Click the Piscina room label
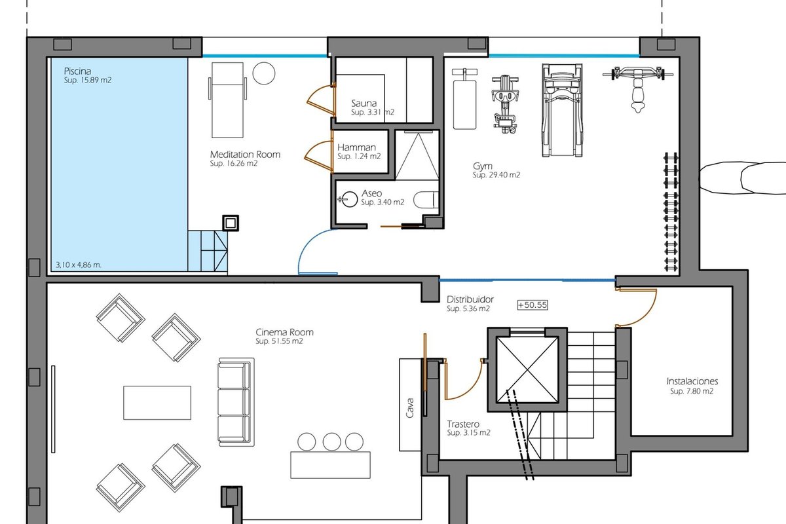coord(77,71)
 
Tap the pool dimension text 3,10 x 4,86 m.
coord(78,265)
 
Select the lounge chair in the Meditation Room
coord(227,100)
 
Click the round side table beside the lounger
coord(264,73)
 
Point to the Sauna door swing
coord(321,100)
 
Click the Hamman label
coord(356,147)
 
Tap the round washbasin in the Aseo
coord(348,199)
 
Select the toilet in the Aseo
coord(426,200)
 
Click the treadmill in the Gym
coord(562,110)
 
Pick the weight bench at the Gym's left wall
coord(464,99)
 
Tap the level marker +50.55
coord(533,305)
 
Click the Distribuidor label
coord(470,299)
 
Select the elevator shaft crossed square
coord(527,369)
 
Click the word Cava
coord(410,407)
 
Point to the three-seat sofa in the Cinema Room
coord(236,402)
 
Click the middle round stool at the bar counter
coord(331,441)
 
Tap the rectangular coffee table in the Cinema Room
coord(157,403)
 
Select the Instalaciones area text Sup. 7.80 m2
coord(692,391)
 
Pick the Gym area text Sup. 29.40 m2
coord(496,175)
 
